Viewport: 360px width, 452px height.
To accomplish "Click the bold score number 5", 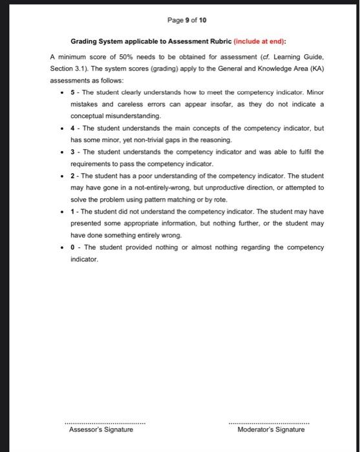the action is (x=72, y=93).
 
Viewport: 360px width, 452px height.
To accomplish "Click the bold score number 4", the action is (x=72, y=128).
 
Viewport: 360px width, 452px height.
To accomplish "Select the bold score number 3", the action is (x=72, y=152).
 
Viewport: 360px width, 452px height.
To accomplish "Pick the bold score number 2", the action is (x=72, y=176).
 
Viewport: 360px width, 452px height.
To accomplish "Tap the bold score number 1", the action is (x=72, y=211).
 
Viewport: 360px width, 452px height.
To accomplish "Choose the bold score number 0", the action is (x=72, y=247).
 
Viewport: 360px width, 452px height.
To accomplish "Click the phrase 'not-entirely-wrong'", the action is (x=148, y=187).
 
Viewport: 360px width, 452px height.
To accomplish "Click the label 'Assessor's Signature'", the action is (x=101, y=429).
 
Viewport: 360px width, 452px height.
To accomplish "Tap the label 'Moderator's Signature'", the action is (x=271, y=429).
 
